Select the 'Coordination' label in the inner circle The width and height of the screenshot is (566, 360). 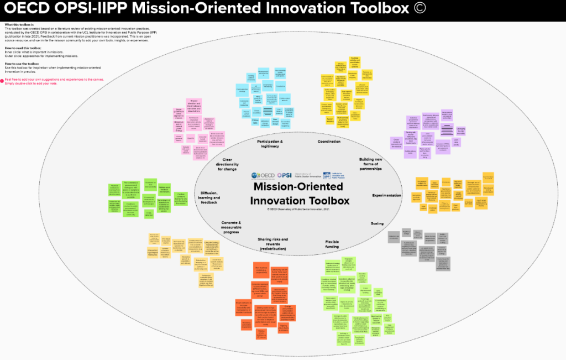[329, 142]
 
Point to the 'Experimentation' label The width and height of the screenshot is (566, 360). [387, 195]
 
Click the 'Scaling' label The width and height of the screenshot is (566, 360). [377, 223]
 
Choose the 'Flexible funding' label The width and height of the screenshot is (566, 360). [332, 244]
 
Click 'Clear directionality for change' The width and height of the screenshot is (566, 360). [228, 164]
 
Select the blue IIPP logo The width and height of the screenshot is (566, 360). [327, 175]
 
